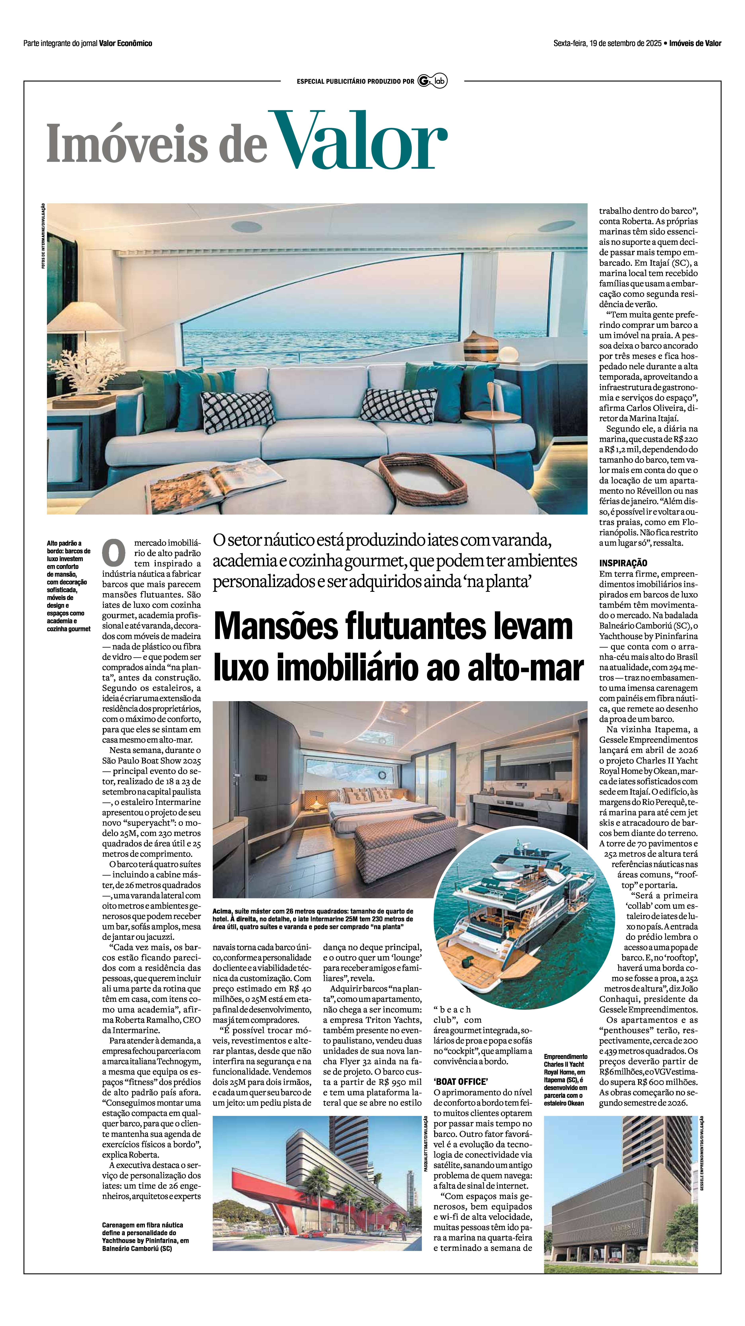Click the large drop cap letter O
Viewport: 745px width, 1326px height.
point(114,553)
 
